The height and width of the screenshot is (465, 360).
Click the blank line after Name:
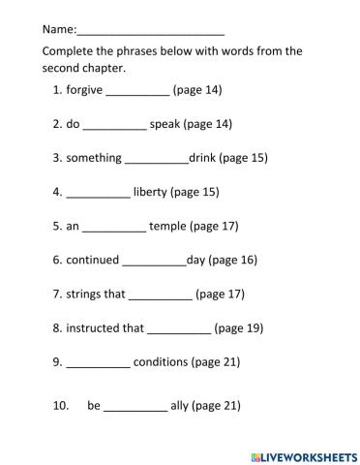(150, 30)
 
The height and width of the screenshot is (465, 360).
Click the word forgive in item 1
(84, 90)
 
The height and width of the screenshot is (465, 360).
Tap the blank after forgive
(136, 93)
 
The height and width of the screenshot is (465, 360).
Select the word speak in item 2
(165, 124)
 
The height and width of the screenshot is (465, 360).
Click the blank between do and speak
(114, 127)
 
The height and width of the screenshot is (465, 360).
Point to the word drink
(201, 157)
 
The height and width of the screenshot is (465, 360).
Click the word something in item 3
(94, 158)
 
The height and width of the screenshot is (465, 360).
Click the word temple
(167, 226)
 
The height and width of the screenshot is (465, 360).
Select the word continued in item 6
(93, 260)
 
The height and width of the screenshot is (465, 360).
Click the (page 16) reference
(233, 260)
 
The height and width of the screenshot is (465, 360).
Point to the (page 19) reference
(238, 327)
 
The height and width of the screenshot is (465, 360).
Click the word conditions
(161, 361)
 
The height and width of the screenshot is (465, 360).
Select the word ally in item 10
(179, 406)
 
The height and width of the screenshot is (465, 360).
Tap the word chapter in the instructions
(106, 68)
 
